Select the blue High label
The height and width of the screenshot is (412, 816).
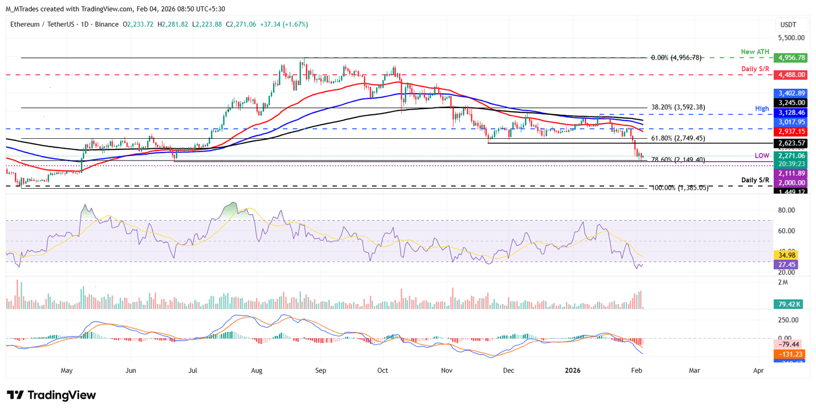(x=762, y=108)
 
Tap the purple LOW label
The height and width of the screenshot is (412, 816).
(x=762, y=155)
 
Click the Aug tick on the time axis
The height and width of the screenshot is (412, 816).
(x=257, y=370)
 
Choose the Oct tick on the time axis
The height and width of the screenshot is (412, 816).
(x=383, y=370)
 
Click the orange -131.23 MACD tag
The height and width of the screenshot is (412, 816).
(x=790, y=354)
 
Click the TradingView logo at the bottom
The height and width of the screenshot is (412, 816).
(x=52, y=395)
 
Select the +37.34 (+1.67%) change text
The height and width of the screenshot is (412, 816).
(x=284, y=24)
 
